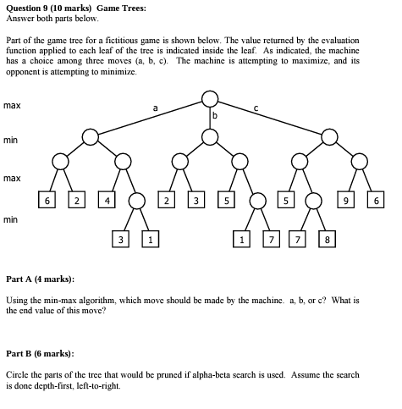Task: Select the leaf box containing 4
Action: (106, 201)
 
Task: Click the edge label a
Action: (155, 108)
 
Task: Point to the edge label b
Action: (215, 115)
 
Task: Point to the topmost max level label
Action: (12, 105)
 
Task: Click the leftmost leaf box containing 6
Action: (50, 201)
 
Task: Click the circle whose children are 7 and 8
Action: (314, 201)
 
